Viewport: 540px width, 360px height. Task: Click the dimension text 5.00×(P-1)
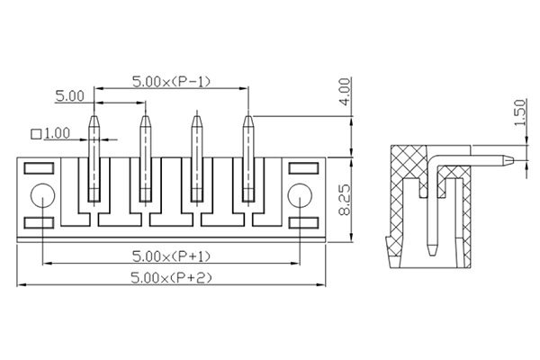(171, 81)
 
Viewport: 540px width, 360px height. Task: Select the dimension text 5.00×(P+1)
(171, 255)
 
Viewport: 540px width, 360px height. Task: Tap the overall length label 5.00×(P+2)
(171, 278)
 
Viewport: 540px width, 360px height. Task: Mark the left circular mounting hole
(41, 194)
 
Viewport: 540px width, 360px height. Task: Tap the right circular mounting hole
(298, 194)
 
